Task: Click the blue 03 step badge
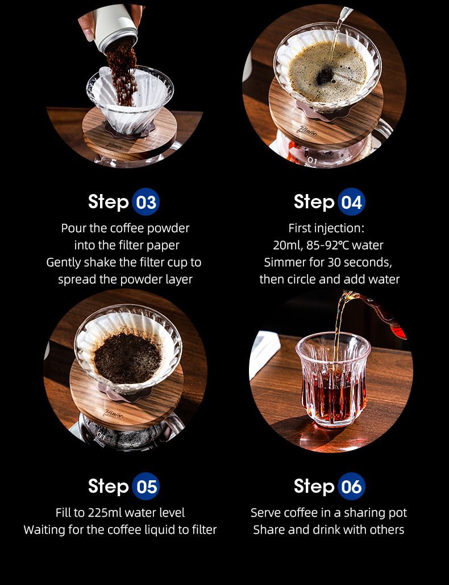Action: coord(145,202)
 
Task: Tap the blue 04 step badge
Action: coord(351,202)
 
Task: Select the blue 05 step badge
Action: coord(145,486)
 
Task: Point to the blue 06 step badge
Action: coord(351,486)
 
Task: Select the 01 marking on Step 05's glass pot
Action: coord(101,435)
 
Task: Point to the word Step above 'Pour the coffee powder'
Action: coord(108,202)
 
